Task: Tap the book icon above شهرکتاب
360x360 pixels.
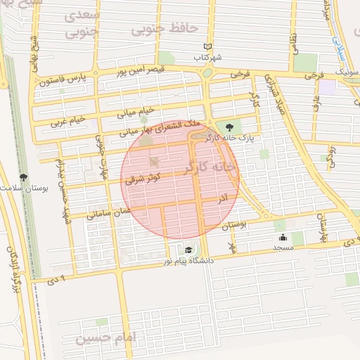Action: [207, 46]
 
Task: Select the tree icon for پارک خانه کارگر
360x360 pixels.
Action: [229, 127]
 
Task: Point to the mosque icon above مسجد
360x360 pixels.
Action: [283, 237]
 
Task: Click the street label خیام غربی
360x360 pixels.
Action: [68, 121]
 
